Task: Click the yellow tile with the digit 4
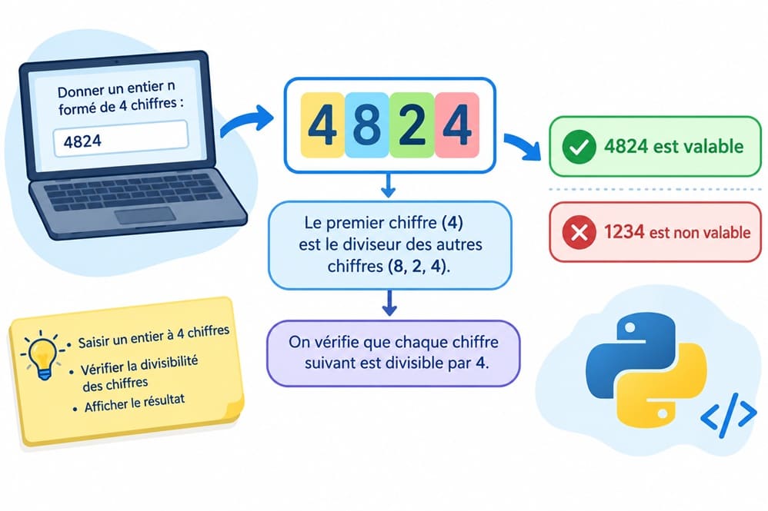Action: pyautogui.click(x=322, y=124)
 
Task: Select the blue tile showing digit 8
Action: pyautogui.click(x=367, y=124)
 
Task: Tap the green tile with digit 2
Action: pyautogui.click(x=412, y=124)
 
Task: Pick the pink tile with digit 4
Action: pyautogui.click(x=457, y=124)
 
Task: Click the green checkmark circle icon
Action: pyautogui.click(x=579, y=147)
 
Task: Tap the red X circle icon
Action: pyautogui.click(x=579, y=232)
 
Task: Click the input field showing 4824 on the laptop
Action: pyautogui.click(x=121, y=138)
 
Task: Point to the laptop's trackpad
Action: pyautogui.click(x=145, y=215)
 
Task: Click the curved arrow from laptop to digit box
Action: pyautogui.click(x=246, y=121)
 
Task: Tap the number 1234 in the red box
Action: pyautogui.click(x=624, y=232)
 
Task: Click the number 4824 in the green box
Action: pyautogui.click(x=626, y=146)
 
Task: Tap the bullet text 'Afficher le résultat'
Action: pyautogui.click(x=135, y=403)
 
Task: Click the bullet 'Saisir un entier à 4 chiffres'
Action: pyautogui.click(x=153, y=337)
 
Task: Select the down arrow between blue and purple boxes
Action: pyautogui.click(x=389, y=303)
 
